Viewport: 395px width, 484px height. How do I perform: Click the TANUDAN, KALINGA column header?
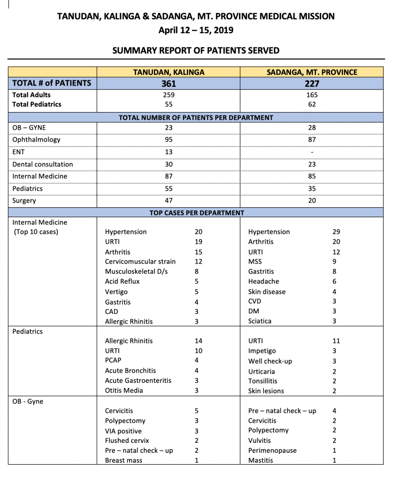tap(168, 72)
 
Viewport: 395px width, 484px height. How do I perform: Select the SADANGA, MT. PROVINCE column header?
tap(312, 72)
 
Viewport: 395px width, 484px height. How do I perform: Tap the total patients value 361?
tap(168, 84)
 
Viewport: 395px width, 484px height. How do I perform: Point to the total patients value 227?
tap(312, 84)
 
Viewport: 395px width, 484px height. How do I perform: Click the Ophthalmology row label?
tap(36, 140)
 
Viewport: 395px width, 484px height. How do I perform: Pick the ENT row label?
tap(18, 152)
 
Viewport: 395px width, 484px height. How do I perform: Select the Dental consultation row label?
tap(43, 164)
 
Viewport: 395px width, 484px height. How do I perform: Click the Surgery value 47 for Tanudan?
tap(168, 201)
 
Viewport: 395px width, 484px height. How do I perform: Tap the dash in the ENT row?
tap(312, 152)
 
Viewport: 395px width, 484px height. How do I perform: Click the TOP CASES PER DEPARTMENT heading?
tap(197, 212)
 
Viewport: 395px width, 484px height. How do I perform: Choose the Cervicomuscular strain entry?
tap(140, 262)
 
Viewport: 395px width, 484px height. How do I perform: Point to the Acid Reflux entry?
tap(122, 282)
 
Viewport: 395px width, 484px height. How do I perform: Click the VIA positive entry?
tap(123, 431)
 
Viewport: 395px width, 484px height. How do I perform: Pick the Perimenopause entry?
tap(272, 450)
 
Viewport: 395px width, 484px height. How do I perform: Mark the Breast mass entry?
tap(123, 460)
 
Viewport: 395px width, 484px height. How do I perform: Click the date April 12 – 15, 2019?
tap(196, 30)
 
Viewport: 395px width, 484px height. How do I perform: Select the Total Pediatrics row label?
tap(37, 104)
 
